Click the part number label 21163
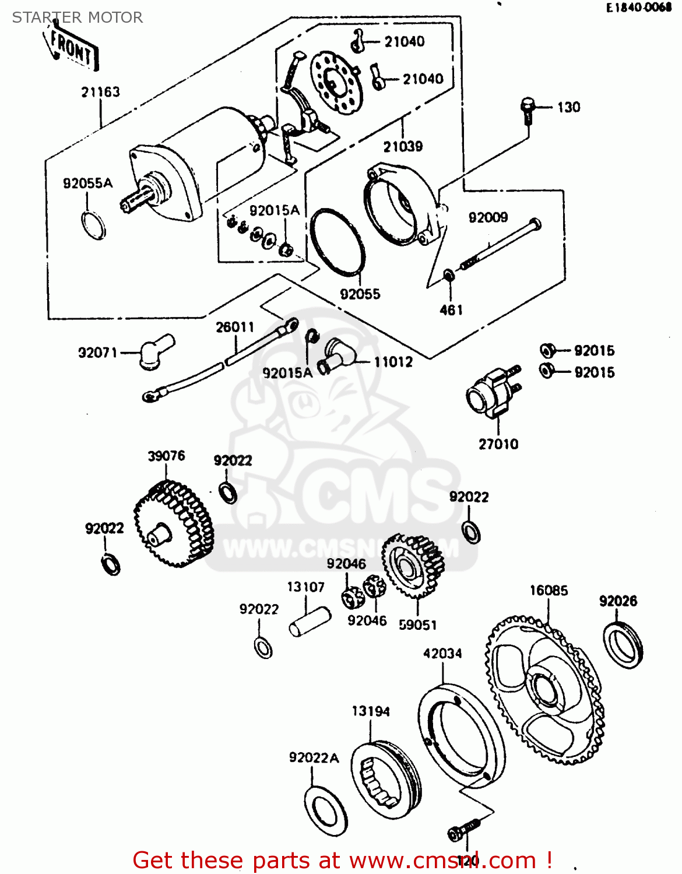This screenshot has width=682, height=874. [x=100, y=92]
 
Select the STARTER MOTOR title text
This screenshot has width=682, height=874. [x=78, y=17]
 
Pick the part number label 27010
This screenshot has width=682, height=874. [x=498, y=444]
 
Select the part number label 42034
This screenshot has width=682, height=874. [x=442, y=653]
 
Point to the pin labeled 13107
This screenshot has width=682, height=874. [x=310, y=622]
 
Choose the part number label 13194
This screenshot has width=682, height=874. [x=371, y=711]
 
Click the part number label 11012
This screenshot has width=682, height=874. [x=393, y=362]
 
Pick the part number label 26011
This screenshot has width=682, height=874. [x=235, y=327]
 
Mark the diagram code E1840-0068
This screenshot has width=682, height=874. [x=639, y=8]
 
